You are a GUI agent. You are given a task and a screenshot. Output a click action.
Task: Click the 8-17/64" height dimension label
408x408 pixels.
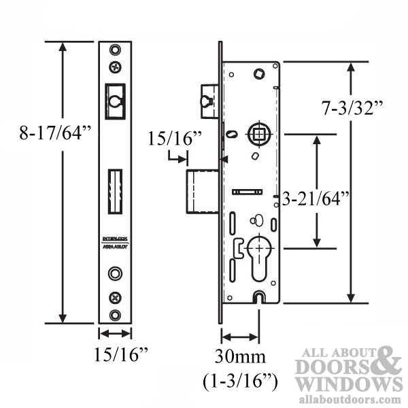point(55,133)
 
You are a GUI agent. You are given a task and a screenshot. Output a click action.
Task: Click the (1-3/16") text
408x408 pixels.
point(241,381)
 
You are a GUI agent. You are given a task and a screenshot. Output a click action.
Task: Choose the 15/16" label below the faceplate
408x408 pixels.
point(115,354)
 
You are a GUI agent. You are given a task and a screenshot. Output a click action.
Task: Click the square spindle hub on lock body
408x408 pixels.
point(258,133)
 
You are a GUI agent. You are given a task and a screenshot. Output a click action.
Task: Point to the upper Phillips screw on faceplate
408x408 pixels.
point(114,67)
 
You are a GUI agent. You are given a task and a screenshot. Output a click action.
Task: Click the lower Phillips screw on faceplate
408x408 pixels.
point(115,296)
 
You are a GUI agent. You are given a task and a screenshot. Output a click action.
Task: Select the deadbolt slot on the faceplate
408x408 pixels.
point(115,193)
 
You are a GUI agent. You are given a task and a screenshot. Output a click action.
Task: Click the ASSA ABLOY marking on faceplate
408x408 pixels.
point(115,248)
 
